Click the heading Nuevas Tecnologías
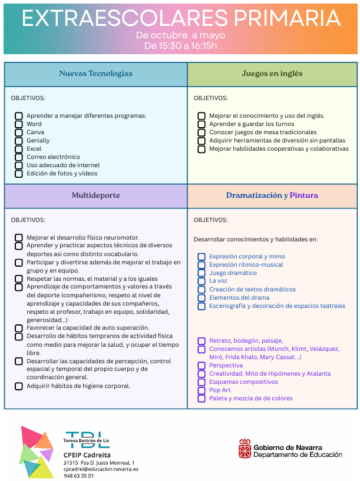pos(95,74)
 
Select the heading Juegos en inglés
pos(272,74)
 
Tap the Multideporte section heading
pos(95,195)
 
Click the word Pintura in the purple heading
pos(304,195)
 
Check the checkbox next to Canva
pos(19,132)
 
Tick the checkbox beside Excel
pos(19,149)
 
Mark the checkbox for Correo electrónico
pos(19,157)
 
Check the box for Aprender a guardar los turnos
pos(202,124)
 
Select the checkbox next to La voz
pos(202,281)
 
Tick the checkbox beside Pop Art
pos(202,390)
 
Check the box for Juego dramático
pos(202,273)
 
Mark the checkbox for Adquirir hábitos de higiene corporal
pos(19,386)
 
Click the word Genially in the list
pos(38,141)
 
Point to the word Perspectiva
pos(226,365)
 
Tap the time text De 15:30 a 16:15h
pos(180,45)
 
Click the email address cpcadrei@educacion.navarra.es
pos(101,469)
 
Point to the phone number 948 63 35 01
pos(78,476)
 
